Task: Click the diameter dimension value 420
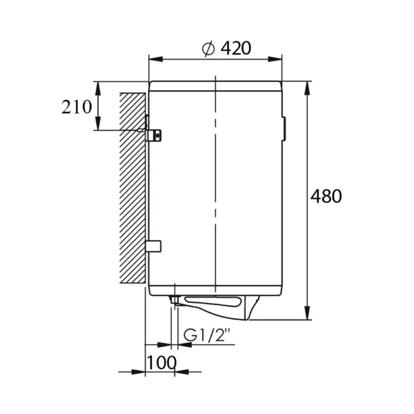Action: coord(236,48)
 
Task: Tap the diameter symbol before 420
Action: coord(208,49)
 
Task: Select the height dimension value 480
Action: coord(326,196)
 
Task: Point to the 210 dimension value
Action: coord(77,107)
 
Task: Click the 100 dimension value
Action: coord(161,362)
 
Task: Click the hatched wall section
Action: coord(132,188)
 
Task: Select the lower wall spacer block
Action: coord(153,246)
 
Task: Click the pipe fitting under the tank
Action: coord(175,301)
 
